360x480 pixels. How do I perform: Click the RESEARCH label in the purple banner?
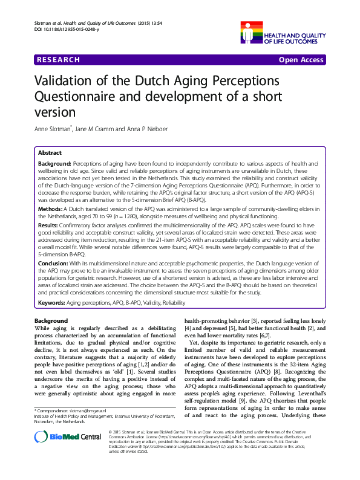58,60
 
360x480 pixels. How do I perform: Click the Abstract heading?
50,153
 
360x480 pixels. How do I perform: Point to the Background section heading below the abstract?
51,320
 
